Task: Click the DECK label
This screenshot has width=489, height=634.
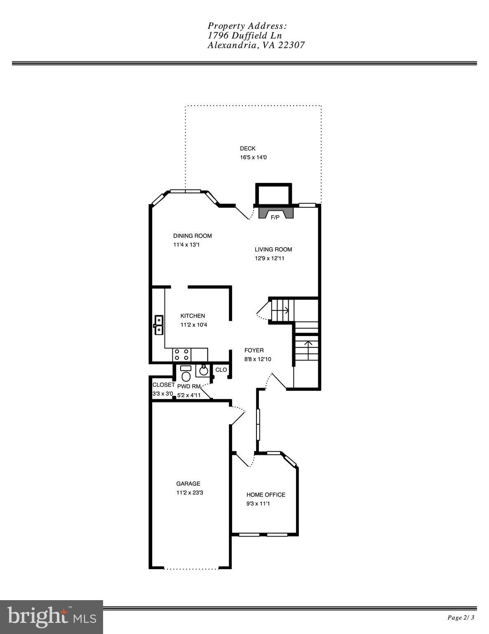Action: pyautogui.click(x=247, y=149)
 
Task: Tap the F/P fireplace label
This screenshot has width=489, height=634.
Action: pyautogui.click(x=275, y=218)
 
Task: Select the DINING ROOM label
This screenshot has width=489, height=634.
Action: pyautogui.click(x=192, y=236)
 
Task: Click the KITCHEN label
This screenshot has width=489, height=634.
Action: pyautogui.click(x=193, y=316)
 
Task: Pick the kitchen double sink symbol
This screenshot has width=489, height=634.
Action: pyautogui.click(x=159, y=325)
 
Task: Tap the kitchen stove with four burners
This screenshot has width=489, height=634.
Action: pyautogui.click(x=181, y=355)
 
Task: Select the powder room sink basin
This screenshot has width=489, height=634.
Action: pyautogui.click(x=204, y=371)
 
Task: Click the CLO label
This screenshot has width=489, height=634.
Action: pyautogui.click(x=221, y=370)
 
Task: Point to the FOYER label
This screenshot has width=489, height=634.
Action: pyautogui.click(x=254, y=350)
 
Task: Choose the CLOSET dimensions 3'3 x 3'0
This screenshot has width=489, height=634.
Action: pyautogui.click(x=162, y=394)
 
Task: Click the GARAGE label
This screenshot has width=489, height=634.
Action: pyautogui.click(x=188, y=484)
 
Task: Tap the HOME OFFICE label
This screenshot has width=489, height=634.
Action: pyautogui.click(x=266, y=495)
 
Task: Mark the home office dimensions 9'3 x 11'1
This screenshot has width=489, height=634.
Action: pyautogui.click(x=258, y=504)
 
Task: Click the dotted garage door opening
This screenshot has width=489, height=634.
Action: pyautogui.click(x=191, y=568)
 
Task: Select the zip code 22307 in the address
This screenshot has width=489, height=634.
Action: pyautogui.click(x=291, y=45)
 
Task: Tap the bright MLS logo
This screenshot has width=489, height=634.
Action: pyautogui.click(x=52, y=617)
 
